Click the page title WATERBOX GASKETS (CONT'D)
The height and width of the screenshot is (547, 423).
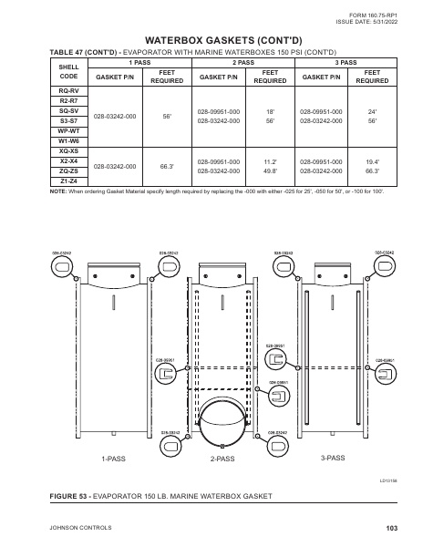click(211, 41)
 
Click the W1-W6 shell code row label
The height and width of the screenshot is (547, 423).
click(68, 140)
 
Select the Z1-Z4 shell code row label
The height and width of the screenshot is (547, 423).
click(68, 181)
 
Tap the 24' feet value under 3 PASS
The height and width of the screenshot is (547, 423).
click(371, 110)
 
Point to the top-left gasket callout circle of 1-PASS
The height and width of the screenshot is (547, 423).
click(61, 263)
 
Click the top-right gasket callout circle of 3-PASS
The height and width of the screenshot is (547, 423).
click(384, 263)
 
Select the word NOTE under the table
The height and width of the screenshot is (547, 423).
click(57, 191)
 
